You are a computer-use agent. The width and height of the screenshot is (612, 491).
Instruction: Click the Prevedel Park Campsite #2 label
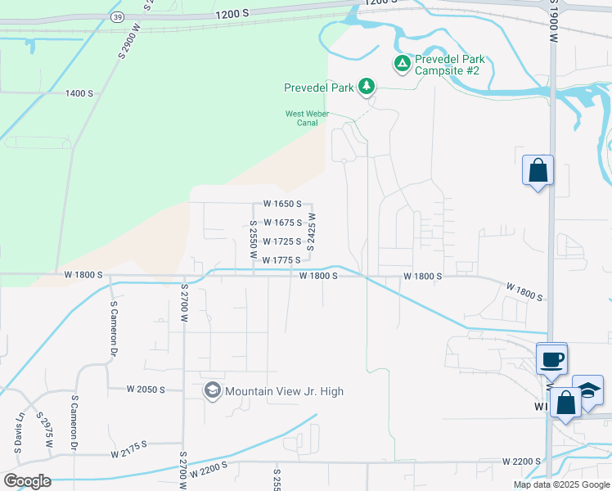click(450, 65)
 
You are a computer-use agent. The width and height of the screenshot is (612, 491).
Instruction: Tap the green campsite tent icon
click(402, 63)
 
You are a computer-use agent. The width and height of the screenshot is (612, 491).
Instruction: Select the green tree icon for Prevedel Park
click(367, 86)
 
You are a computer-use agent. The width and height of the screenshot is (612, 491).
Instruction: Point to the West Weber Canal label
click(301, 119)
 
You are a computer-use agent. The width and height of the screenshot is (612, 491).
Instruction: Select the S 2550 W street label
click(254, 240)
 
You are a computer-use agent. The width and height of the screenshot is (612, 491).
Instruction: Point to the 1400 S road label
click(79, 93)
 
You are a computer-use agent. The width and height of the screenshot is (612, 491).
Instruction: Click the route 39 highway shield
click(119, 16)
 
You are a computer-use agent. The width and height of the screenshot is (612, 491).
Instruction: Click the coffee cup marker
click(552, 358)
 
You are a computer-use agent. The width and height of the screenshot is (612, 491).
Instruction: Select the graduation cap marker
click(587, 391)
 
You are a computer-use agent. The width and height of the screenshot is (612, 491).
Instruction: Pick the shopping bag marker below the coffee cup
click(565, 403)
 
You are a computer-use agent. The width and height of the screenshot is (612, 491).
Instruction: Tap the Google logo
click(27, 481)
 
